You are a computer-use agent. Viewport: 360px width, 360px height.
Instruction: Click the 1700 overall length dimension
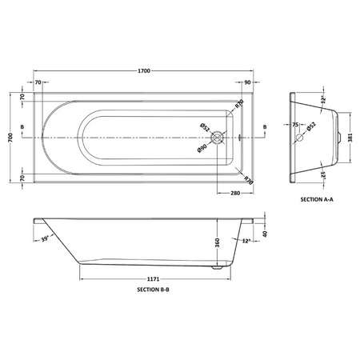pos(144,71)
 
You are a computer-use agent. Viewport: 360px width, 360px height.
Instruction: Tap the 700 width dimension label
pos(10,138)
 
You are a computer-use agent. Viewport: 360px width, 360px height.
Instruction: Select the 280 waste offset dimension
pos(235,193)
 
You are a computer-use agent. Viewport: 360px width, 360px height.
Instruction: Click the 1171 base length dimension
pos(154,279)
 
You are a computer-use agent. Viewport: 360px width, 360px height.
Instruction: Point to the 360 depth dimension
pos(218,242)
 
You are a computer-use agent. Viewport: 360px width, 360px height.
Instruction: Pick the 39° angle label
pos(45,239)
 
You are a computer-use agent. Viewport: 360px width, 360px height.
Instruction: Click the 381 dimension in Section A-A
pos(350,138)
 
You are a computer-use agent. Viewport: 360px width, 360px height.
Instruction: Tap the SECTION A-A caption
pos(317,199)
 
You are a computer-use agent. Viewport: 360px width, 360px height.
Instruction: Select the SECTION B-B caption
pos(153,290)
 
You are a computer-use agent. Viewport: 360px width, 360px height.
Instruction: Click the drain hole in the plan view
pos(217,138)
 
